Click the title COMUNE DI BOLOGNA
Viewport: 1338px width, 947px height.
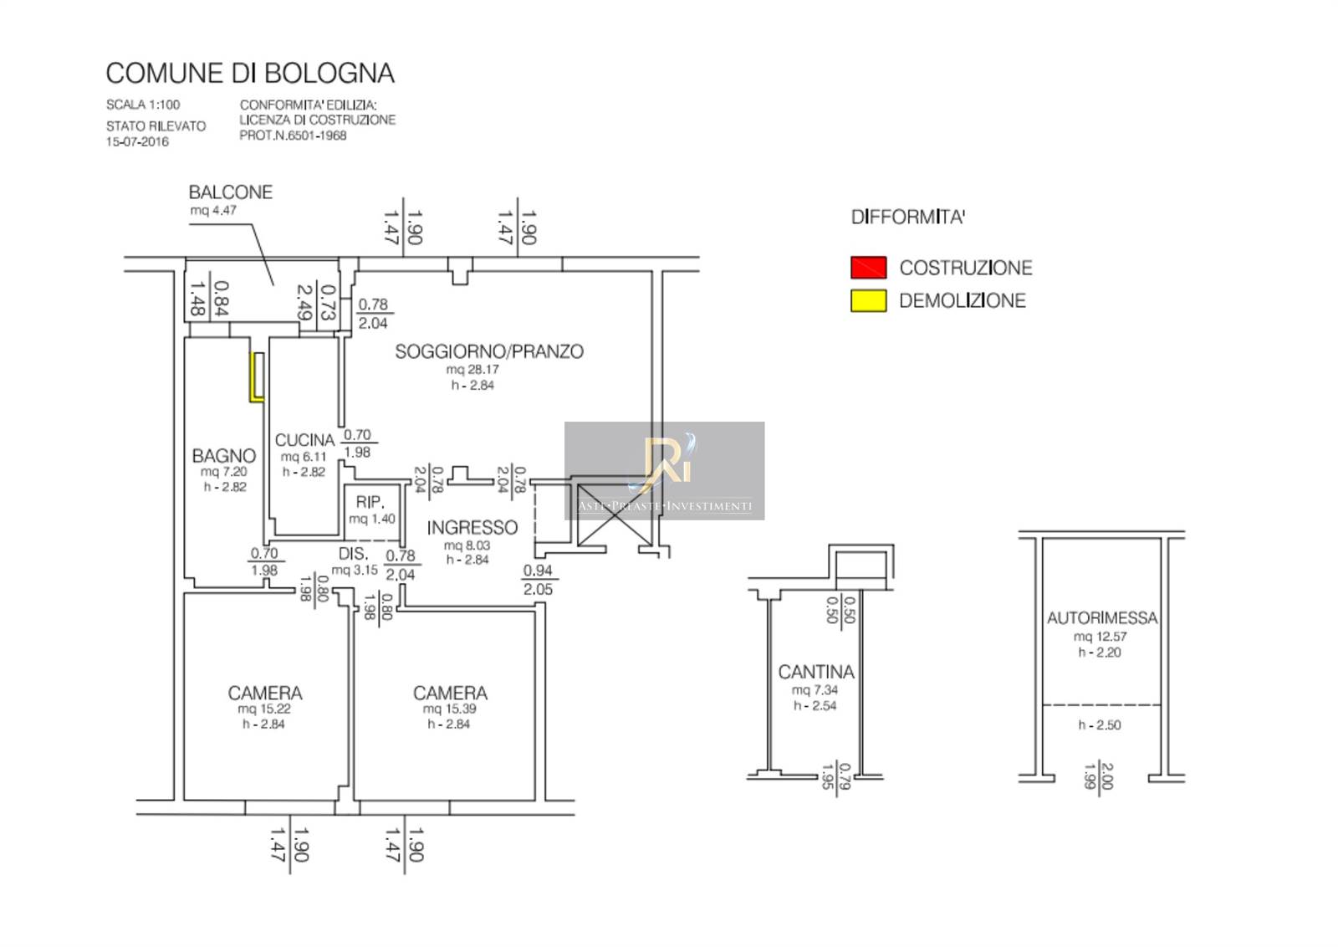coord(250,74)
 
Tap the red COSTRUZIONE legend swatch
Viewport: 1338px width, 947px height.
coord(868,268)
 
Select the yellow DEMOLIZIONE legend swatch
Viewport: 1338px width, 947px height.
coord(868,301)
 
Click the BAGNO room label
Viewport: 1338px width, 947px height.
coord(224,456)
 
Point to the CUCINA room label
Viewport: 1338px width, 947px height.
coord(304,440)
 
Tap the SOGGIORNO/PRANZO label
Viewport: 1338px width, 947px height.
coord(489,351)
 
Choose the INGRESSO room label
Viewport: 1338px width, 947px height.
coord(472,528)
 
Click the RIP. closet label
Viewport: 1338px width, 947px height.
coord(370,502)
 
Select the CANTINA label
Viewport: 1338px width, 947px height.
coord(816,672)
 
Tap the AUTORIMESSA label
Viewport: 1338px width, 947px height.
coord(1102,618)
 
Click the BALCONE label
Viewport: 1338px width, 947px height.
coord(231,192)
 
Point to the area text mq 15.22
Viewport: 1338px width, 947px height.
coord(264,709)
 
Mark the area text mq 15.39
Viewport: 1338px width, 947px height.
coord(450,709)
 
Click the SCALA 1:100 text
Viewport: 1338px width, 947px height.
coord(143,105)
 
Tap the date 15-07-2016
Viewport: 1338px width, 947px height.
coord(137,141)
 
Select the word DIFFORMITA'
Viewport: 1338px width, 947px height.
coord(908,218)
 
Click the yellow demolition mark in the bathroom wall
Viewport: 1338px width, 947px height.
coord(256,378)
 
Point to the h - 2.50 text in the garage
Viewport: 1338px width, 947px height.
coord(1100,725)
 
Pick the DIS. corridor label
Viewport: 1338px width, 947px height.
coord(353,554)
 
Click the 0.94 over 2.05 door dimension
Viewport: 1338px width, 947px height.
coord(538,580)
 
